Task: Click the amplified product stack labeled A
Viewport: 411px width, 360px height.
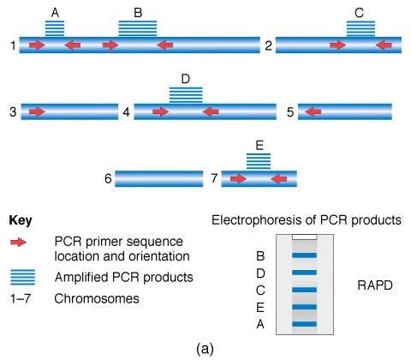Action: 55,28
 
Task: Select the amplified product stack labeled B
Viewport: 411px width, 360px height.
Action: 138,28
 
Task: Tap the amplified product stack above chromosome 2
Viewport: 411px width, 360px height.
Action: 360,28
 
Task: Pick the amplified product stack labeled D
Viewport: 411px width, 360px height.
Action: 186,95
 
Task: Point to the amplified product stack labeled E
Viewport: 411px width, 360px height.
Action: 259,161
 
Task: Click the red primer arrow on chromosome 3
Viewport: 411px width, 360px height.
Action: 37,111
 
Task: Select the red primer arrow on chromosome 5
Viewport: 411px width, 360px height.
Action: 313,111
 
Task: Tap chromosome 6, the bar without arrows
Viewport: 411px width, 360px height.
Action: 159,178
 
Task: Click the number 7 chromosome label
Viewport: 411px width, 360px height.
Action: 214,178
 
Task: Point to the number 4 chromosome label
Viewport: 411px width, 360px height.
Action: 126,112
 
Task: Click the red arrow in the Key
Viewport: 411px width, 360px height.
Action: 18,243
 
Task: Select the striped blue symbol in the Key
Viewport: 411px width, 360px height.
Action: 23,277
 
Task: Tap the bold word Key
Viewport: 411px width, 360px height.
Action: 21,221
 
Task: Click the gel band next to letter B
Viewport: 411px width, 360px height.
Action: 305,255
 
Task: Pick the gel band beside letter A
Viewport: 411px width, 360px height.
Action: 305,324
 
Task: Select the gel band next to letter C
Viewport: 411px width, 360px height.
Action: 305,290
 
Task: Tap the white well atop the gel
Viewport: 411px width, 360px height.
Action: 305,237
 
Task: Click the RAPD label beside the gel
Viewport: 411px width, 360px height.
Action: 375,285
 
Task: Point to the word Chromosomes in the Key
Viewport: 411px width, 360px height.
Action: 97,299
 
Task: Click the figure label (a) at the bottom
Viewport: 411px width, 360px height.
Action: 205,349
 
